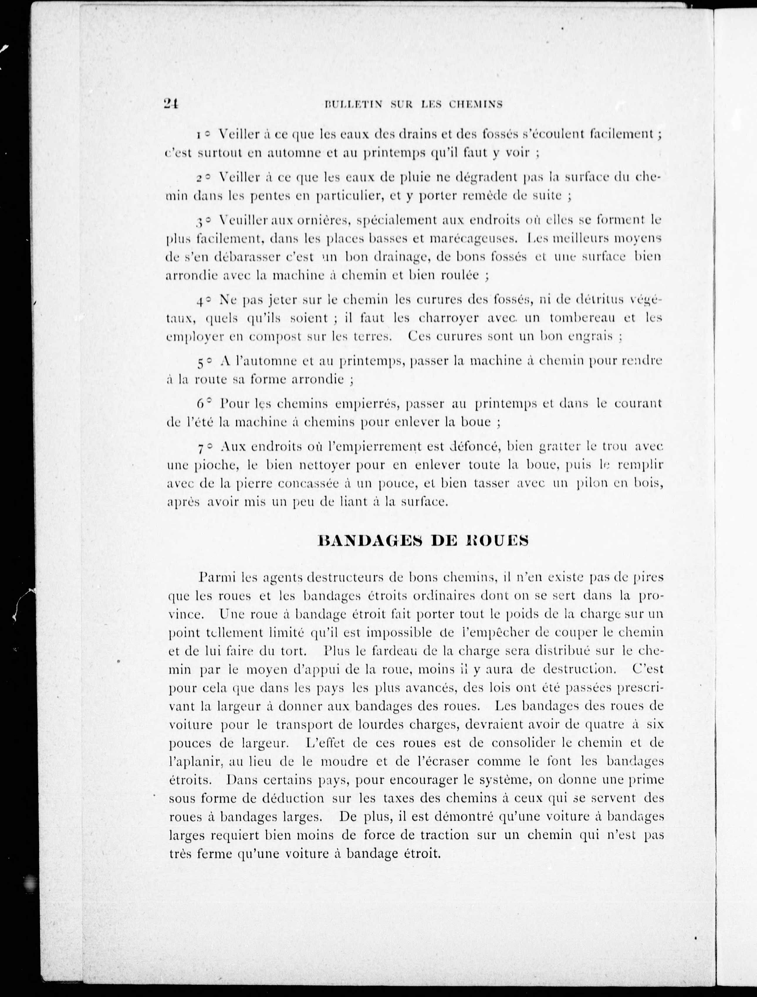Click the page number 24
point(172,104)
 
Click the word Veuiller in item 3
point(239,221)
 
